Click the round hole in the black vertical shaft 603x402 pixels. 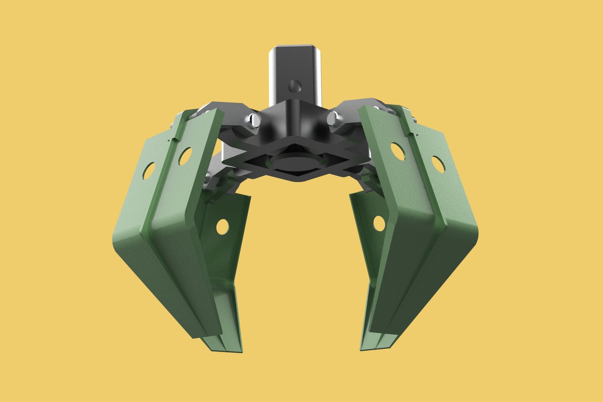pyautogui.click(x=294, y=86)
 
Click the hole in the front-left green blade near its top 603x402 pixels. pyautogui.click(x=185, y=156)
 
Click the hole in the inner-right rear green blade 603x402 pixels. pyautogui.click(x=379, y=223)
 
